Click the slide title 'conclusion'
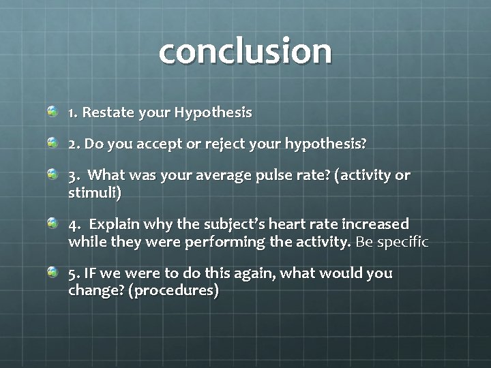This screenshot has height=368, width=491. pyautogui.click(x=245, y=51)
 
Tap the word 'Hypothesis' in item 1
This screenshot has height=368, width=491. pyautogui.click(x=213, y=112)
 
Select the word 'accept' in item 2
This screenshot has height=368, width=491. pyautogui.click(x=158, y=144)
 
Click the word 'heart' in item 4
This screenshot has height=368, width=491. pyautogui.click(x=273, y=224)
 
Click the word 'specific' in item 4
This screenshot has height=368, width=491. pyautogui.click(x=402, y=242)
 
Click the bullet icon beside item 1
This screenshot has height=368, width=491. pyautogui.click(x=53, y=111)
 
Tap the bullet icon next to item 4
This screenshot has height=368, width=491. pyautogui.click(x=53, y=223)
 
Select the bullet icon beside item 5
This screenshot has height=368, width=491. pyautogui.click(x=53, y=272)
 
